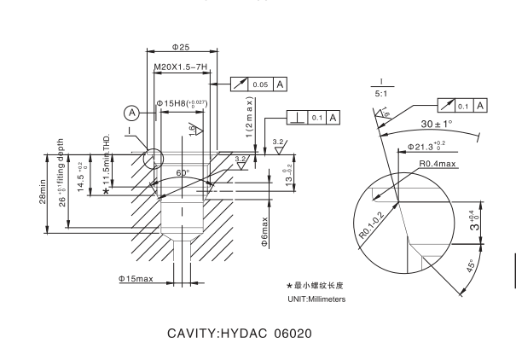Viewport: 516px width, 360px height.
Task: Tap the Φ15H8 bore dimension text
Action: pyautogui.click(x=182, y=103)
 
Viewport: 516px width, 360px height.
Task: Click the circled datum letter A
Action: pyautogui.click(x=131, y=112)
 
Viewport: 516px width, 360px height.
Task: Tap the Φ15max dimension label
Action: pyautogui.click(x=136, y=279)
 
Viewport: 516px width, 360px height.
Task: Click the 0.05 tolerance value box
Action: pyautogui.click(x=259, y=84)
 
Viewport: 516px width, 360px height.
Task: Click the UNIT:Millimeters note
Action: pyautogui.click(x=316, y=299)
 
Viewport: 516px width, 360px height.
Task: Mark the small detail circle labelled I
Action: pyautogui.click(x=154, y=160)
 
